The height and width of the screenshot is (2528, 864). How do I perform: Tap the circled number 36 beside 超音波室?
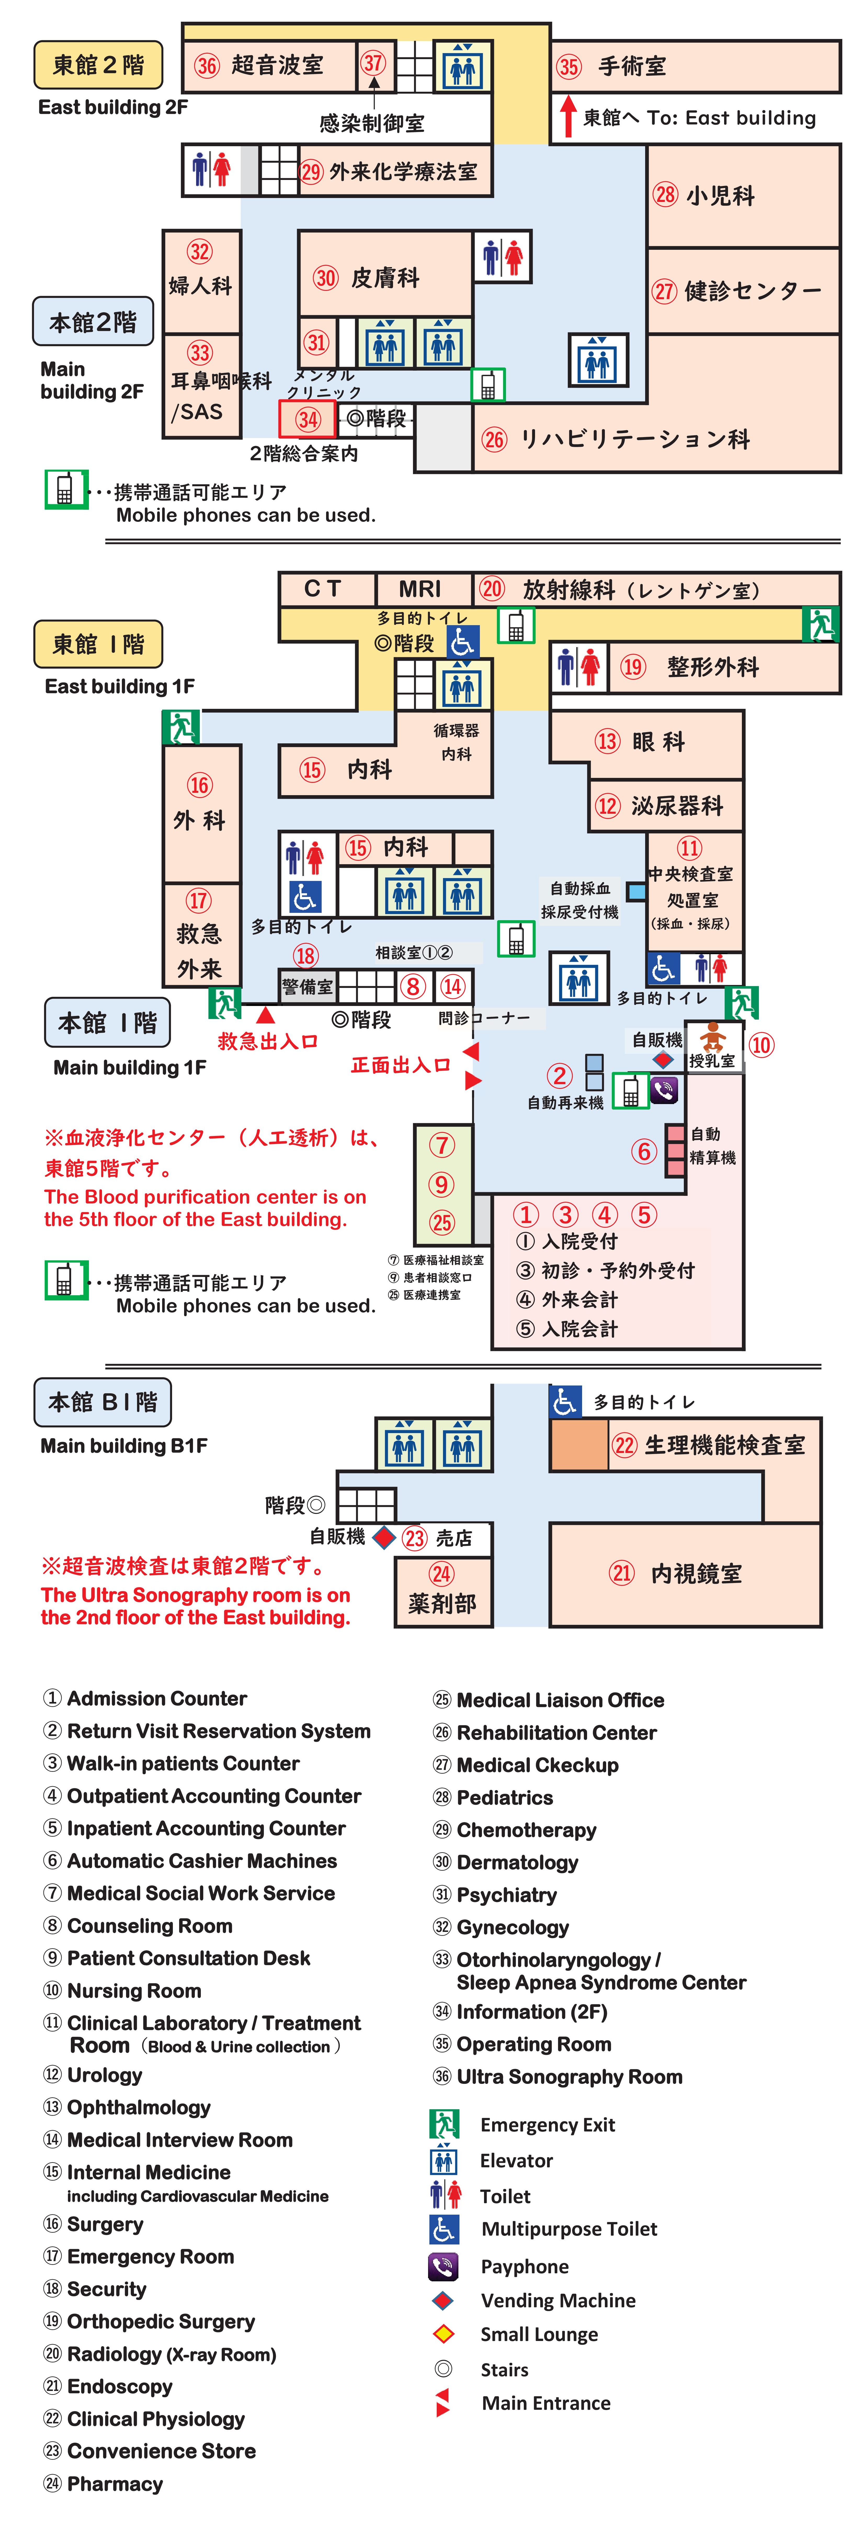[206, 66]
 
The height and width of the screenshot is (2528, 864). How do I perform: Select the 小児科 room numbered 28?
[742, 195]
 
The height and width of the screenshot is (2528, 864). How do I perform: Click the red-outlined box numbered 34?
[308, 419]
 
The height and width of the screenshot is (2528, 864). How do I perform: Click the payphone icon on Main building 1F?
[664, 1089]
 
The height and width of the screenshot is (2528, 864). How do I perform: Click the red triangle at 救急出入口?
[265, 1014]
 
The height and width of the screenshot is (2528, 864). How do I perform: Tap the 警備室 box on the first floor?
[307, 986]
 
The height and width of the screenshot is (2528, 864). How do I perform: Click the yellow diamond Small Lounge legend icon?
[443, 2334]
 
